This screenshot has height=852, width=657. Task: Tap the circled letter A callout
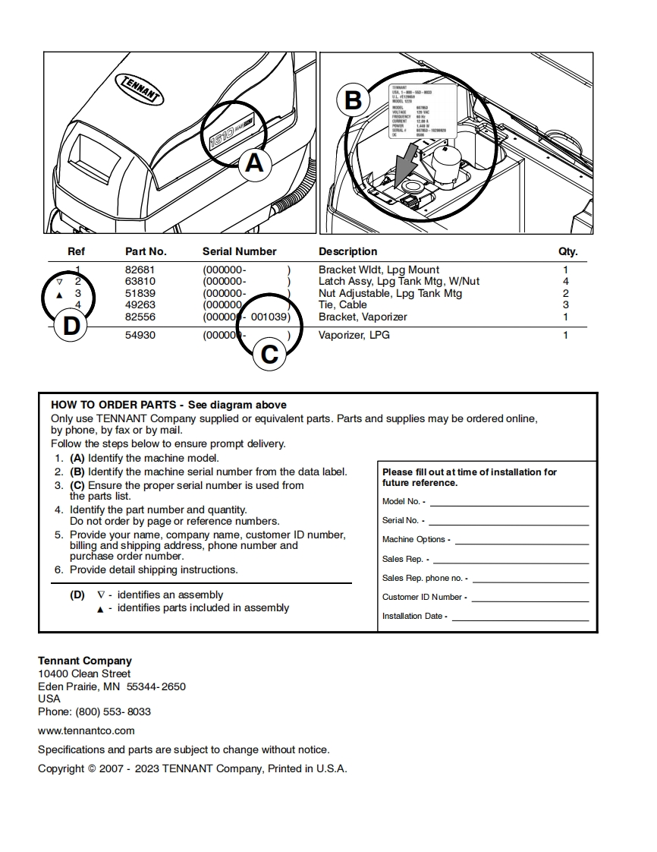pos(255,162)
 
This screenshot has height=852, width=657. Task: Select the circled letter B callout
pos(353,100)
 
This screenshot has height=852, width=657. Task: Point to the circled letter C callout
pos(269,353)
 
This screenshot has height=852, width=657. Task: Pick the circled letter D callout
pos(71,327)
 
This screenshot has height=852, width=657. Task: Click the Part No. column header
pos(146,251)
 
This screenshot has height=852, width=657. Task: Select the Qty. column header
pos(567,251)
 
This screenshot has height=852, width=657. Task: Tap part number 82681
pos(140,270)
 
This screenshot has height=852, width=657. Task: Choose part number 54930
pos(140,335)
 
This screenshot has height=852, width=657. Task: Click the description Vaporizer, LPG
pos(354,335)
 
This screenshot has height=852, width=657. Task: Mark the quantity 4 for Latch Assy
pos(565,281)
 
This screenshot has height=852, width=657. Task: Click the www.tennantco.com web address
pos(86,731)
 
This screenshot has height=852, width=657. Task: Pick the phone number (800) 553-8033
pos(112,712)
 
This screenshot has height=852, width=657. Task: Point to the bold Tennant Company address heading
pos(85,661)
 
